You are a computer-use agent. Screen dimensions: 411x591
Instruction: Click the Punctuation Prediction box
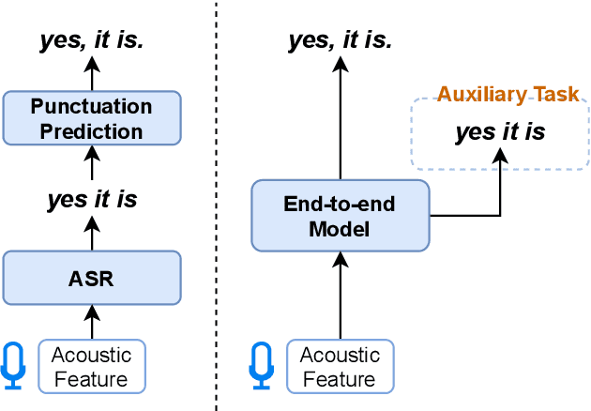[91, 118]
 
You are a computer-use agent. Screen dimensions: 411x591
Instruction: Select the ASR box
[91, 278]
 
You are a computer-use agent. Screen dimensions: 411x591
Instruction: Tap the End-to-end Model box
[341, 215]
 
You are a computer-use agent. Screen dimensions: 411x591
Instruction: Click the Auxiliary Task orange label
[508, 95]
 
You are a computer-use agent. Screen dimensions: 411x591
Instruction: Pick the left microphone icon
[14, 366]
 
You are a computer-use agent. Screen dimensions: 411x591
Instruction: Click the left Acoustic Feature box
[91, 366]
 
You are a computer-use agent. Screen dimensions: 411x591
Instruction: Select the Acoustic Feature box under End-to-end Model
[340, 367]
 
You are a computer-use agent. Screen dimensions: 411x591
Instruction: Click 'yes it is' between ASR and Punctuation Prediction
[91, 199]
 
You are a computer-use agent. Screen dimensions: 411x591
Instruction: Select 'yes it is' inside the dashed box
[500, 132]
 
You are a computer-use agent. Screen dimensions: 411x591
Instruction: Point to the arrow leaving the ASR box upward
[91, 234]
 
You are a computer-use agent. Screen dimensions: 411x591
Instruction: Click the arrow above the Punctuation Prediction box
[91, 73]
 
